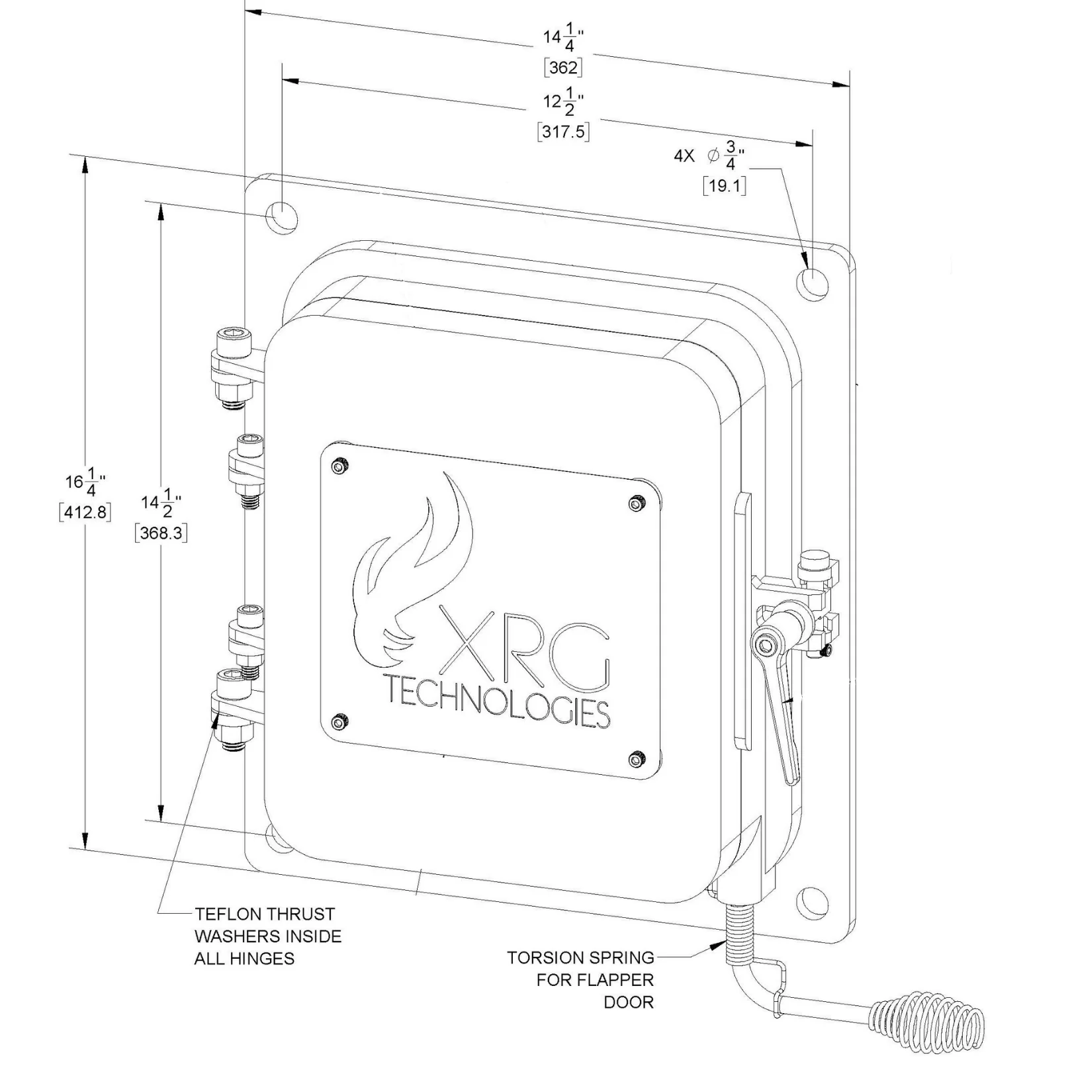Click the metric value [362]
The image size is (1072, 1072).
pos(563,67)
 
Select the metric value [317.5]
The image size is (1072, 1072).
pos(563,132)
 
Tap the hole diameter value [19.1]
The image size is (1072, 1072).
pos(725,186)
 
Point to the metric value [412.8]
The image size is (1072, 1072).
pos(85,512)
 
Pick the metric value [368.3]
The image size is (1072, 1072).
pos(161,533)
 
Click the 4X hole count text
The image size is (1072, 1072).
pos(684,157)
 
